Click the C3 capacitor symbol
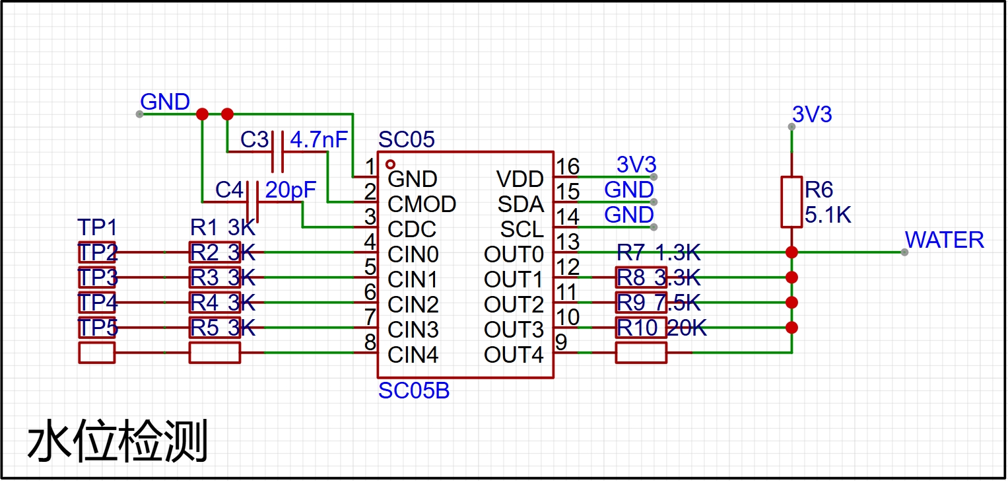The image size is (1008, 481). pyautogui.click(x=278, y=152)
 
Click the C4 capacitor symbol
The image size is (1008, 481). pyautogui.click(x=252, y=202)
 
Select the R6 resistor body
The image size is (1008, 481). pyautogui.click(x=791, y=202)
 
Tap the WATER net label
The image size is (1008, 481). pyautogui.click(x=944, y=240)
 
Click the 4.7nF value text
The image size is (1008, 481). pyautogui.click(x=319, y=139)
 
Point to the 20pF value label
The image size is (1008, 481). pyautogui.click(x=290, y=190)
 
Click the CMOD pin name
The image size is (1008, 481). pyautogui.click(x=422, y=204)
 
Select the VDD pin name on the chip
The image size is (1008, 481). pyautogui.click(x=520, y=179)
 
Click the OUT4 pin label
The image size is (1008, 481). pyautogui.click(x=514, y=355)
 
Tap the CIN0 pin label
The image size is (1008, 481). pyautogui.click(x=413, y=254)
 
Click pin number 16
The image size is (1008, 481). pyautogui.click(x=568, y=166)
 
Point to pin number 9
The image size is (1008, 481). pyautogui.click(x=561, y=342)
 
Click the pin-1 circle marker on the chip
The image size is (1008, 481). pyautogui.click(x=391, y=165)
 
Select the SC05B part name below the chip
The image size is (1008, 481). pyautogui.click(x=413, y=391)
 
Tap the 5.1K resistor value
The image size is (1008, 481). pyautogui.click(x=828, y=215)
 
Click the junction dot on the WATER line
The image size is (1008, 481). pyautogui.click(x=791, y=252)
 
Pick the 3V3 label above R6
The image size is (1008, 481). pyautogui.click(x=812, y=114)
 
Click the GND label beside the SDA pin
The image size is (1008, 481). pyautogui.click(x=628, y=190)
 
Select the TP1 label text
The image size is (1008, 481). pyautogui.click(x=97, y=227)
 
